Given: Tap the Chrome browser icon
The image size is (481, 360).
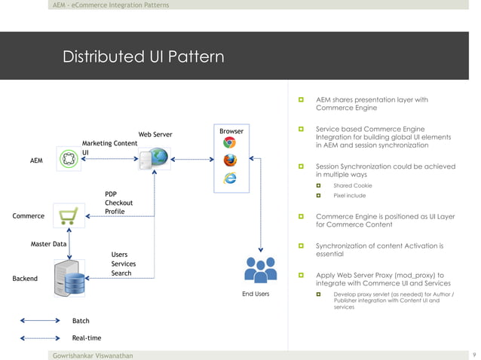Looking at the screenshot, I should [229, 143].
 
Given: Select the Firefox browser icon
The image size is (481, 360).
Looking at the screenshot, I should [229, 160].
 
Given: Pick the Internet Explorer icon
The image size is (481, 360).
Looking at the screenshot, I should [229, 178].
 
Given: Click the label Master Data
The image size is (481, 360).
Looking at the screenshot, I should [48, 244].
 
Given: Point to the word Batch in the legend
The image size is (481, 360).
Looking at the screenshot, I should [81, 322].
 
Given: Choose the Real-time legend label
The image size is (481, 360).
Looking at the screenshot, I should [86, 338].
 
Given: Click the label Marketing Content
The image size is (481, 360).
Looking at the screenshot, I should [109, 143].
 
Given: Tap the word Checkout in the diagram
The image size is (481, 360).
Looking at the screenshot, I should [118, 203].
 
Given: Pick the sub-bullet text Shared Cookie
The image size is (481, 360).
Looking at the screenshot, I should [352, 185].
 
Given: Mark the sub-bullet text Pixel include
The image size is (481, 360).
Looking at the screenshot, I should [349, 196].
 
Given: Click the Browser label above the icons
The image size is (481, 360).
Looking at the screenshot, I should [231, 131].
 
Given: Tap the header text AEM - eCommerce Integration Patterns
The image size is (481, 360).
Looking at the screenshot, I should [111, 5].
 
